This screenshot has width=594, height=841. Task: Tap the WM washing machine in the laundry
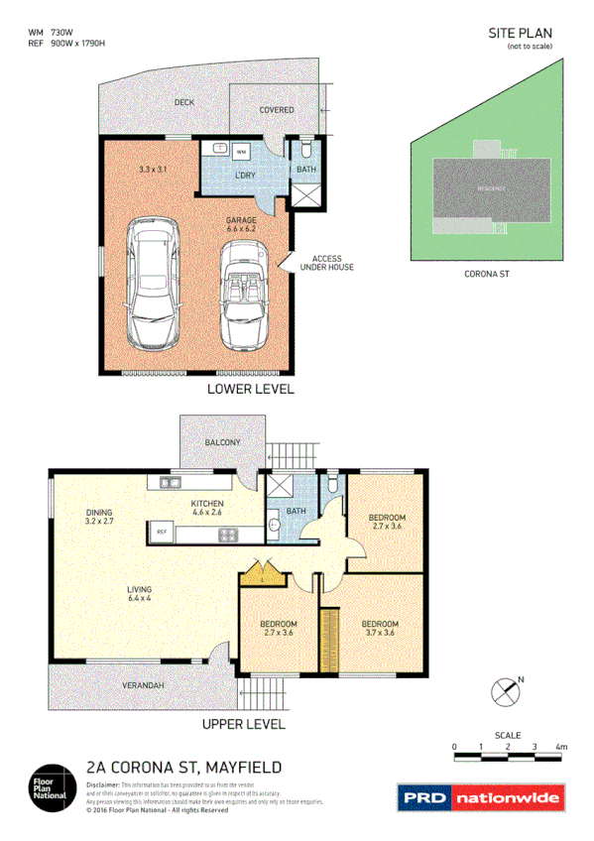pos(241,152)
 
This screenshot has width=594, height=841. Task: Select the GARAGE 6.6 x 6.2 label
pos(241,224)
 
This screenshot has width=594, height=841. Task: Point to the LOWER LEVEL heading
pos(250,389)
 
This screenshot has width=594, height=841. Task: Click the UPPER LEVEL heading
pos(244,724)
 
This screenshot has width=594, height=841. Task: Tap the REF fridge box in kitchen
pos(161,533)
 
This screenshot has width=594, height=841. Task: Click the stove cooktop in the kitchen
pos(228,536)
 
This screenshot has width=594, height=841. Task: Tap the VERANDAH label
pos(143,685)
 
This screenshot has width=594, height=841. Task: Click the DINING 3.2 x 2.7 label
pos(100,516)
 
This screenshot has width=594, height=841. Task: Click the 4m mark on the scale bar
pos(562,746)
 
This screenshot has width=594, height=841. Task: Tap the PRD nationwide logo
pos(480,797)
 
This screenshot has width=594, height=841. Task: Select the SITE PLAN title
pos(520,33)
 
